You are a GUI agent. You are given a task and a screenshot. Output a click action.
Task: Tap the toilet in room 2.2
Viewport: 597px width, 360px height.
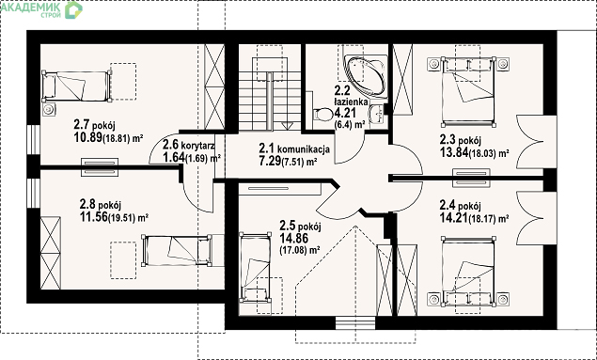322,114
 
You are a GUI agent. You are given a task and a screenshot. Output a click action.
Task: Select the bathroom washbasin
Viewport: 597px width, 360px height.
377,114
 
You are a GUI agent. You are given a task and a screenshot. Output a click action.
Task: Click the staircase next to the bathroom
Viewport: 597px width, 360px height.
270,94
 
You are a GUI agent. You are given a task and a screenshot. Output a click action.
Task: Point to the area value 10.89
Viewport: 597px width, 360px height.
88,137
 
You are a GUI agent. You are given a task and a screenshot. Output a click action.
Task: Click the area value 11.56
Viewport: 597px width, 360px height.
94,217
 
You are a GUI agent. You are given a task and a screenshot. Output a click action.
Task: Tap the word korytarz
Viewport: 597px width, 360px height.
197,146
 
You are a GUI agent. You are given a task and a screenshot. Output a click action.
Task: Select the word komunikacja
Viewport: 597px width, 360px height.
304,149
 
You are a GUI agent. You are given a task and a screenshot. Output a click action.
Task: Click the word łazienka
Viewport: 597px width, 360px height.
351,102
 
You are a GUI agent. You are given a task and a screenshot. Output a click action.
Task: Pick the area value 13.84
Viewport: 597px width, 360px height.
454,152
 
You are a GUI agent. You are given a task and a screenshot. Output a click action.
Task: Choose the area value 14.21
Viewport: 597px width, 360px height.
453,218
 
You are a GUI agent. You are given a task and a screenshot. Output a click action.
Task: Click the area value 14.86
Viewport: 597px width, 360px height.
294,238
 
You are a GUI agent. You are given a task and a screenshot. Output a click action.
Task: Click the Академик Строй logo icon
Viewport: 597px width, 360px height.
74,10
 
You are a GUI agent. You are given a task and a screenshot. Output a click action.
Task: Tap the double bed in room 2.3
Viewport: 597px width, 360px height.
468,92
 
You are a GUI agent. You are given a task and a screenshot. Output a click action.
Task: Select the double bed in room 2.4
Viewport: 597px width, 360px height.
468,272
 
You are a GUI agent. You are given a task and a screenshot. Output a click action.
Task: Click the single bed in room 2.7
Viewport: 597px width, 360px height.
76,86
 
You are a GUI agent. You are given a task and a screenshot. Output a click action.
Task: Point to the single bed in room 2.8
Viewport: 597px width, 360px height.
177,250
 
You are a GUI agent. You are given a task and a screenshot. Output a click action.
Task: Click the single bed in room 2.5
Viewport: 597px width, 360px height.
255,268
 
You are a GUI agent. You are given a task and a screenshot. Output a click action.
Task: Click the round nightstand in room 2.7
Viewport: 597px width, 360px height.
48,110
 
